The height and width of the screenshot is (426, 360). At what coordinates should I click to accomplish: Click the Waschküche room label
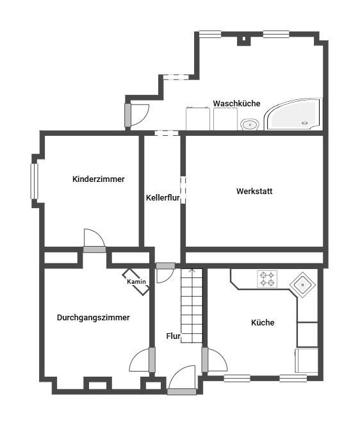point(236,104)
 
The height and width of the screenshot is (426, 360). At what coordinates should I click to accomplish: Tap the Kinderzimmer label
point(99,179)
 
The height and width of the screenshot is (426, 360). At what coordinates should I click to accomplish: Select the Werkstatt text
point(254,191)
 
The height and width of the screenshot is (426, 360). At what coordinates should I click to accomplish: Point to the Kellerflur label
point(163,197)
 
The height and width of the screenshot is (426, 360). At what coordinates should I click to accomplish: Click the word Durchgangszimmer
point(93,318)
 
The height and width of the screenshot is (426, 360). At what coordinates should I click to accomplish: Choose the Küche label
point(263,322)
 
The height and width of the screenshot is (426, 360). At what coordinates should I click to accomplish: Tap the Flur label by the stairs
point(174,336)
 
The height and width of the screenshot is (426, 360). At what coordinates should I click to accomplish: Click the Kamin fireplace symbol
point(136,282)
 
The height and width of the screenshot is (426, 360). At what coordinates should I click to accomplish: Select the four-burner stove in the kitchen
point(267,279)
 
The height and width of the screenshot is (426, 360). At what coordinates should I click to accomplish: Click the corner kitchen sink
point(303,284)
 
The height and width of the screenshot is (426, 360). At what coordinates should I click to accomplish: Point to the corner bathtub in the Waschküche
point(293,114)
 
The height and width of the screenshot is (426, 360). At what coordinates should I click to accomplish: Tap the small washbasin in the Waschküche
point(250,125)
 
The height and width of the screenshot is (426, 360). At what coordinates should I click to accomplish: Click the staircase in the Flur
point(192,306)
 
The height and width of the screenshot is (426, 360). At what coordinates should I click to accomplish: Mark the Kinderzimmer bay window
point(34,181)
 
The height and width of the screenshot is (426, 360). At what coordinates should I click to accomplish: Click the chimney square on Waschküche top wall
point(243,39)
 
